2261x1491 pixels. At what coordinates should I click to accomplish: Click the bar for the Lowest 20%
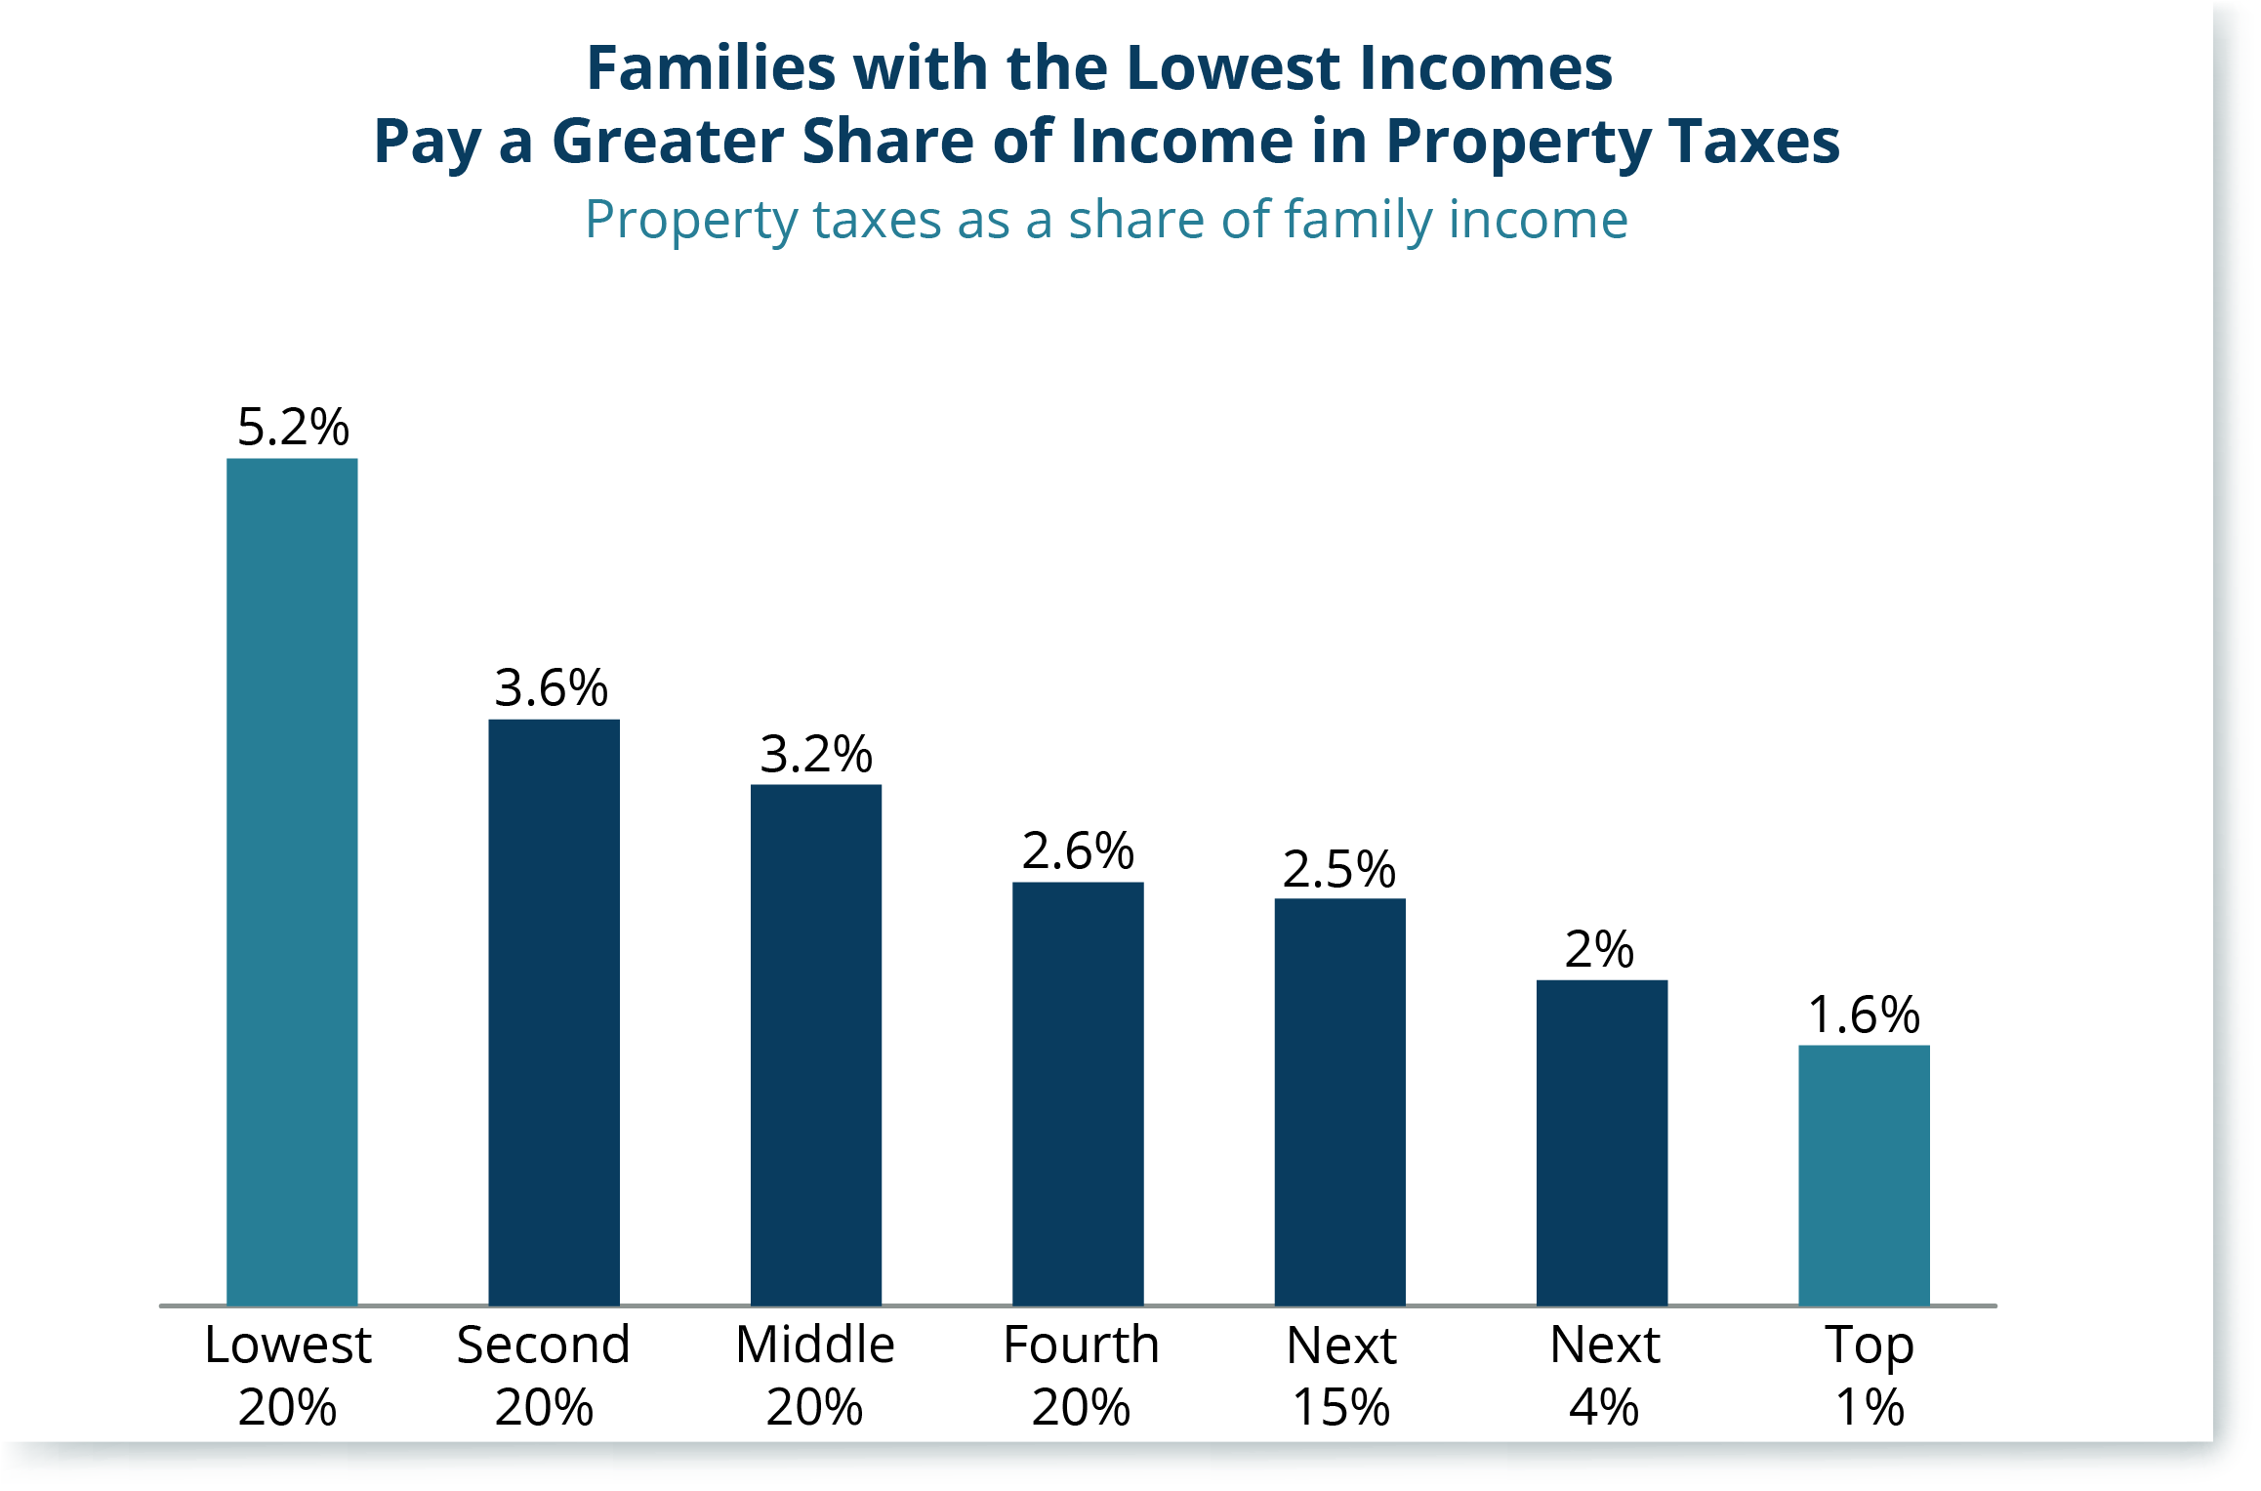(x=292, y=882)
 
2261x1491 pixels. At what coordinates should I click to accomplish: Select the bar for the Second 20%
(x=554, y=1013)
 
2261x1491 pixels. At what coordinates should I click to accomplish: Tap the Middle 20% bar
(x=816, y=1045)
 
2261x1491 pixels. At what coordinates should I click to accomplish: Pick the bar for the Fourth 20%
(x=1078, y=1094)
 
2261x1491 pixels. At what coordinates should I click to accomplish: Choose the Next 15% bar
(x=1339, y=1101)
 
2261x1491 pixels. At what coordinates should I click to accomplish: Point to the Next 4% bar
(x=1602, y=1142)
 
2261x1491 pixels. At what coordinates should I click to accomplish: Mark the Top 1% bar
(x=1864, y=1176)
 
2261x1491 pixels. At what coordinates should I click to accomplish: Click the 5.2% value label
(x=293, y=427)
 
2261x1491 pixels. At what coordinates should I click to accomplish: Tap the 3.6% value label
(x=552, y=687)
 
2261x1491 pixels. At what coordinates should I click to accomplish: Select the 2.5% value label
(x=1339, y=869)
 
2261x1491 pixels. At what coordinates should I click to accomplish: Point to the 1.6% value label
(x=1864, y=1015)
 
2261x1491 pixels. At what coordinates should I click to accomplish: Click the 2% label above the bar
(x=1599, y=949)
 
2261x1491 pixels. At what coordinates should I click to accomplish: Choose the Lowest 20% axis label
(x=288, y=1376)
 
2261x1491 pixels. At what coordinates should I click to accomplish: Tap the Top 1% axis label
(x=1870, y=1376)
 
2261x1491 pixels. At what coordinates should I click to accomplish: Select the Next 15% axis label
(x=1341, y=1376)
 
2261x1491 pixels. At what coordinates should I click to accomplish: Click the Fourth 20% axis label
(x=1081, y=1376)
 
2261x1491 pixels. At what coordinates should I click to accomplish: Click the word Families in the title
(x=711, y=67)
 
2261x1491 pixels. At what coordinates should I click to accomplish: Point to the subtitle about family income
(x=1106, y=220)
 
